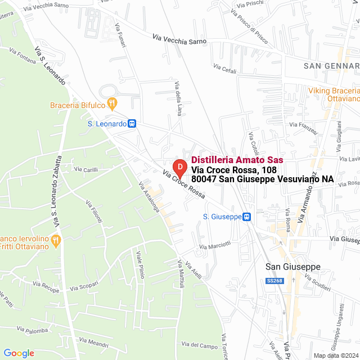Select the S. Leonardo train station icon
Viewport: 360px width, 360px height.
click(x=132, y=124)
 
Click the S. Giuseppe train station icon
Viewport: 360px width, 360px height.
click(x=246, y=217)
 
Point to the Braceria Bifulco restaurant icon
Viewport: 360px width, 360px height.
click(x=112, y=103)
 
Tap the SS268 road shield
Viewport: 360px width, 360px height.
click(x=274, y=281)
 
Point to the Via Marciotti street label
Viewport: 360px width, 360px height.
click(x=215, y=245)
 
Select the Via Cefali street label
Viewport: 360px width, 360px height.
click(x=225, y=67)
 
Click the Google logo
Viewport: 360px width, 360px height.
click(x=19, y=353)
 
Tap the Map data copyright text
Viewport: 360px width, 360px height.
click(x=335, y=355)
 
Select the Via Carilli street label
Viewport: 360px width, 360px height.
click(x=86, y=169)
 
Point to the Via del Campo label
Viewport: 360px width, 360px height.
click(x=200, y=345)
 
